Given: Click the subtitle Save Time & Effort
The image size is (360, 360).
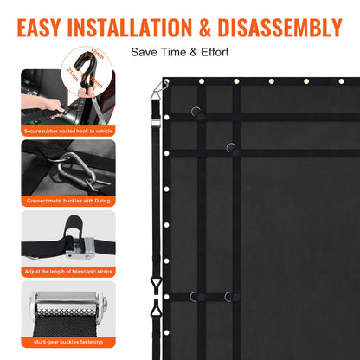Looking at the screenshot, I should (180, 52).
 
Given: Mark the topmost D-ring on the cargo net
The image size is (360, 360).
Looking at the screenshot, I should (197, 110).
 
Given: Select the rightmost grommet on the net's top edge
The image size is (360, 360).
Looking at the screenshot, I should (341, 81).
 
